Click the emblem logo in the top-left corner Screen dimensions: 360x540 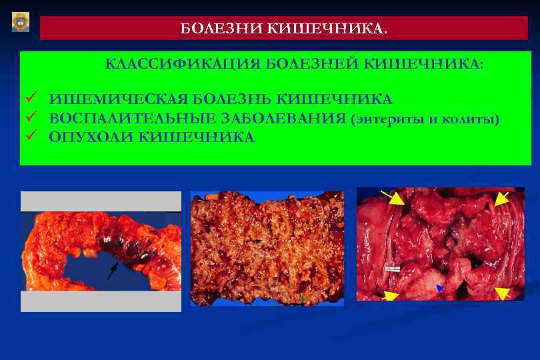tap(21, 21)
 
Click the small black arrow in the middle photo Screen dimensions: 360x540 tap(253, 240)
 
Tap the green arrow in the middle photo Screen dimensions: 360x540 tap(302, 299)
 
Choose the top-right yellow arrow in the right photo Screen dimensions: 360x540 tap(499, 198)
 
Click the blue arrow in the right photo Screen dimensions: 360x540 tap(439, 288)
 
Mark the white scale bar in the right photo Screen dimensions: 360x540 tap(392, 270)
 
